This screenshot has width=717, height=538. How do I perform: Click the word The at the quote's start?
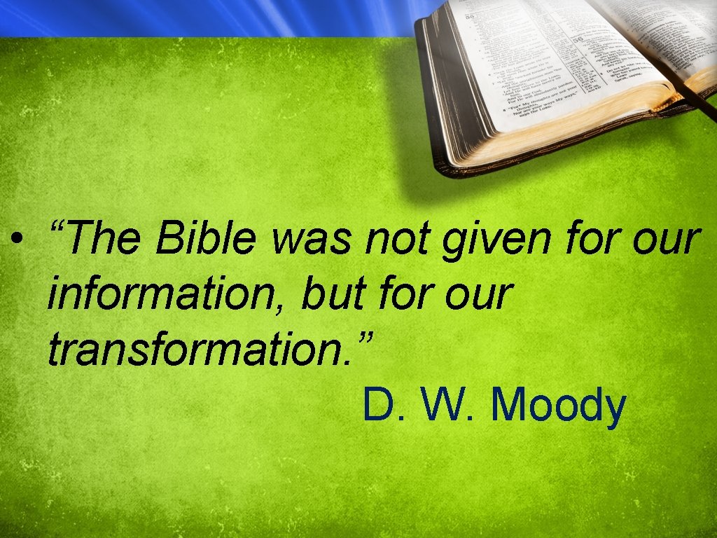tap(106, 240)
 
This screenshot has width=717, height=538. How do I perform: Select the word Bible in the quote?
tap(206, 240)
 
